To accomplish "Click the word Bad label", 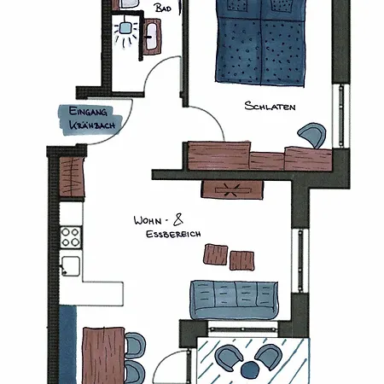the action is tap(163, 8).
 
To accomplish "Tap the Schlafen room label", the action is tap(270, 106).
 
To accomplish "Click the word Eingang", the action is tap(88, 111).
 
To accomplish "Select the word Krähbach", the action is tap(92, 125).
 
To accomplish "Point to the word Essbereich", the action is tap(173, 234).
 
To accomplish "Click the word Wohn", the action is tap(148, 220).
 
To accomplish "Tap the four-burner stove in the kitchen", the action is tap(71, 237).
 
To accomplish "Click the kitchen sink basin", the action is tap(71, 266).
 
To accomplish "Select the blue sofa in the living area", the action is tap(234, 300).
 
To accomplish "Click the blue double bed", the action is tap(260, 43).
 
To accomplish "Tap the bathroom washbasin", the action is tap(151, 37).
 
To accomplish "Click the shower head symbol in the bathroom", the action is tap(125, 28).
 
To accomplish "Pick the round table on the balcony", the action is tap(249, 369).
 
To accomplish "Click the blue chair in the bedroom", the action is tap(313, 135).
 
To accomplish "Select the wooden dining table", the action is tap(103, 356).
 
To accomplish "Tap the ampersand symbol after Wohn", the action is tap(178, 220).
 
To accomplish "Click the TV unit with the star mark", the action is tap(232, 189).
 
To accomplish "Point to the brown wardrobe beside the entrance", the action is tap(72, 177).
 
